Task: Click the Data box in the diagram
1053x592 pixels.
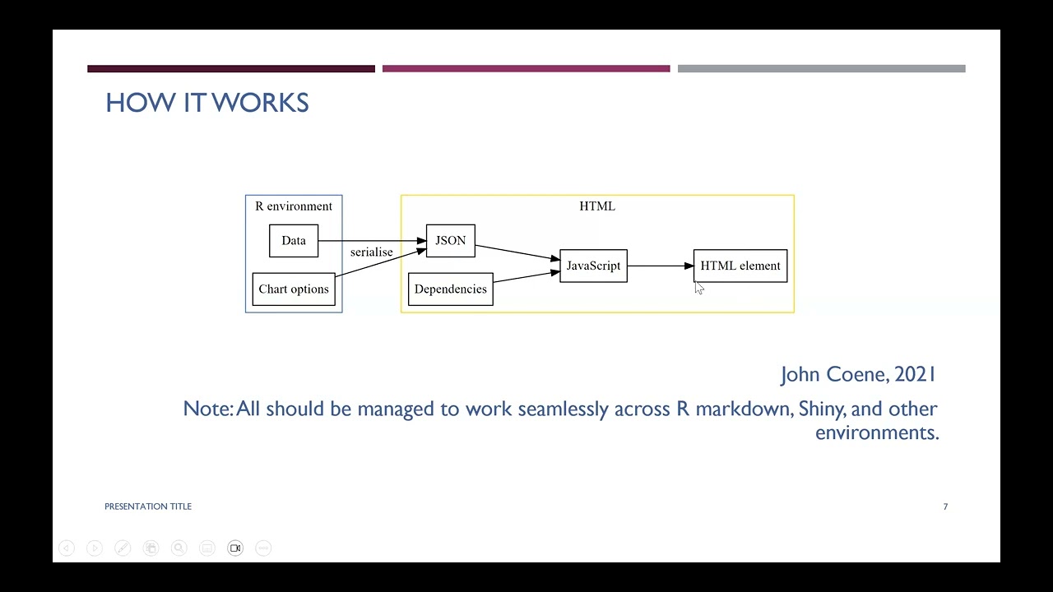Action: click(x=294, y=241)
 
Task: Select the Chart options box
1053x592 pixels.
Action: click(x=294, y=289)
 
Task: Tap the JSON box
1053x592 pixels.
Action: click(x=451, y=241)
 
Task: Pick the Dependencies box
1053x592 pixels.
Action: click(x=451, y=289)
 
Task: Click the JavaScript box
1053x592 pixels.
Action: click(x=594, y=266)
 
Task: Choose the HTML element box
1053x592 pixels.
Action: click(x=740, y=266)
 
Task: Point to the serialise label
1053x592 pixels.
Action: click(x=371, y=252)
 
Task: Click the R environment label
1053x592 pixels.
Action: click(x=294, y=206)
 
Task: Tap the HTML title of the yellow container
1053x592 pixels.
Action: click(x=597, y=206)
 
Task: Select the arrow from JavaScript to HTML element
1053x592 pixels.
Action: click(x=661, y=266)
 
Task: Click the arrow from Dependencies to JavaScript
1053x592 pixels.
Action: click(x=526, y=277)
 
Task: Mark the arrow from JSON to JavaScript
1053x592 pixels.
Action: click(x=517, y=252)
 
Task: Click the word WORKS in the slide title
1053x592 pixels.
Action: click(x=260, y=103)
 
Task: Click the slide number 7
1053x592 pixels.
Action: click(x=945, y=506)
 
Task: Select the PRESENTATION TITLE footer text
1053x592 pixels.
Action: click(x=148, y=506)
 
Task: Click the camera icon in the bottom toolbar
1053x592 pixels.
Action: click(x=235, y=548)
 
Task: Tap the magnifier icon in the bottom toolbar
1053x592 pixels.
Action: click(x=179, y=548)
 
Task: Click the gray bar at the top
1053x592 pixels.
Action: click(x=822, y=68)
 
